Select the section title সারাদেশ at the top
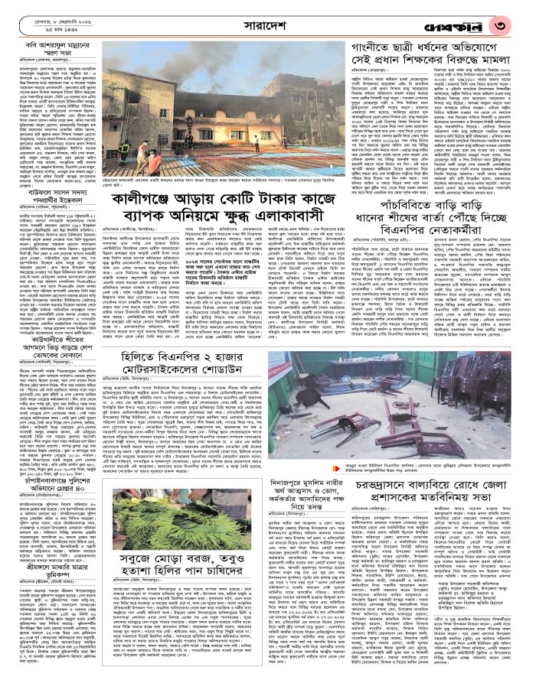coord(267,23)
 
